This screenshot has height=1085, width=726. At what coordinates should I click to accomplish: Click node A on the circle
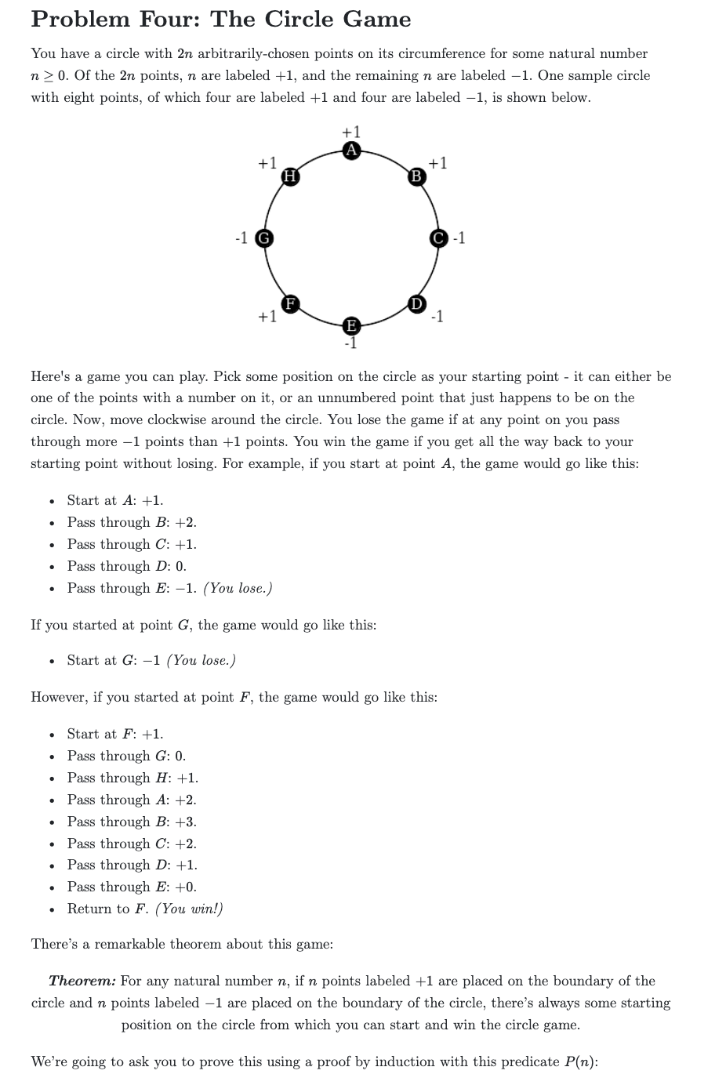pyautogui.click(x=352, y=151)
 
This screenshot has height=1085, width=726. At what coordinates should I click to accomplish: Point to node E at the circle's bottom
pyautogui.click(x=352, y=325)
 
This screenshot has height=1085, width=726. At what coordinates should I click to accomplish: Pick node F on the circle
pyautogui.click(x=289, y=303)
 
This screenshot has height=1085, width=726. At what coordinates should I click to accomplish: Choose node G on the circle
pyautogui.click(x=265, y=238)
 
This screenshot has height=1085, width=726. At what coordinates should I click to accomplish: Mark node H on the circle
pyautogui.click(x=289, y=176)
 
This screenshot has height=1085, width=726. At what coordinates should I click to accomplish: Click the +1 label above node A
pyautogui.click(x=352, y=132)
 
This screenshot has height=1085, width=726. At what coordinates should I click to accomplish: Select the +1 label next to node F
pyautogui.click(x=267, y=317)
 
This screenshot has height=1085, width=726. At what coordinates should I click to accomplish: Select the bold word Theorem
pyautogui.click(x=82, y=981)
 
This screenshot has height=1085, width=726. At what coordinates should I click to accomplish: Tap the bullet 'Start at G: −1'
pyautogui.click(x=114, y=660)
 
